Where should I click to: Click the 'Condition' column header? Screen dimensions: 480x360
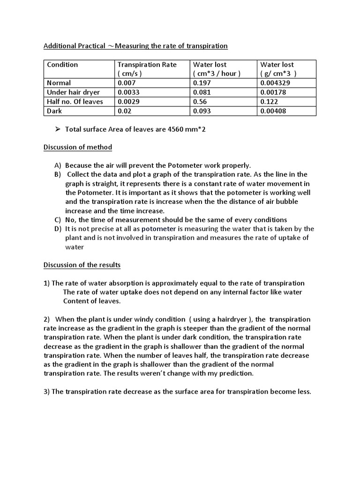coord(62,65)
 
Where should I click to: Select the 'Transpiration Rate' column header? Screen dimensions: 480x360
coord(147,65)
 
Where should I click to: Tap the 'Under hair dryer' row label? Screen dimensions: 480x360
coord(69,92)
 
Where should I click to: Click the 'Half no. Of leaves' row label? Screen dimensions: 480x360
coord(75,102)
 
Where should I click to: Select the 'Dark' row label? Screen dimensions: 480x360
coord(54,111)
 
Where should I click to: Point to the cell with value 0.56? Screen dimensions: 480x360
coord(200,102)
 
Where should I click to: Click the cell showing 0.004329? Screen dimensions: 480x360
coord(277,83)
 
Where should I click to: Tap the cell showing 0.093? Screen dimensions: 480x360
coord(202,111)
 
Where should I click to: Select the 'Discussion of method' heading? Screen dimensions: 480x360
coord(78,147)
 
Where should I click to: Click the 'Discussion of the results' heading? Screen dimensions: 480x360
coord(82,265)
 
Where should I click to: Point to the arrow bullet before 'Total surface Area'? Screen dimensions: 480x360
coord(59,129)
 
